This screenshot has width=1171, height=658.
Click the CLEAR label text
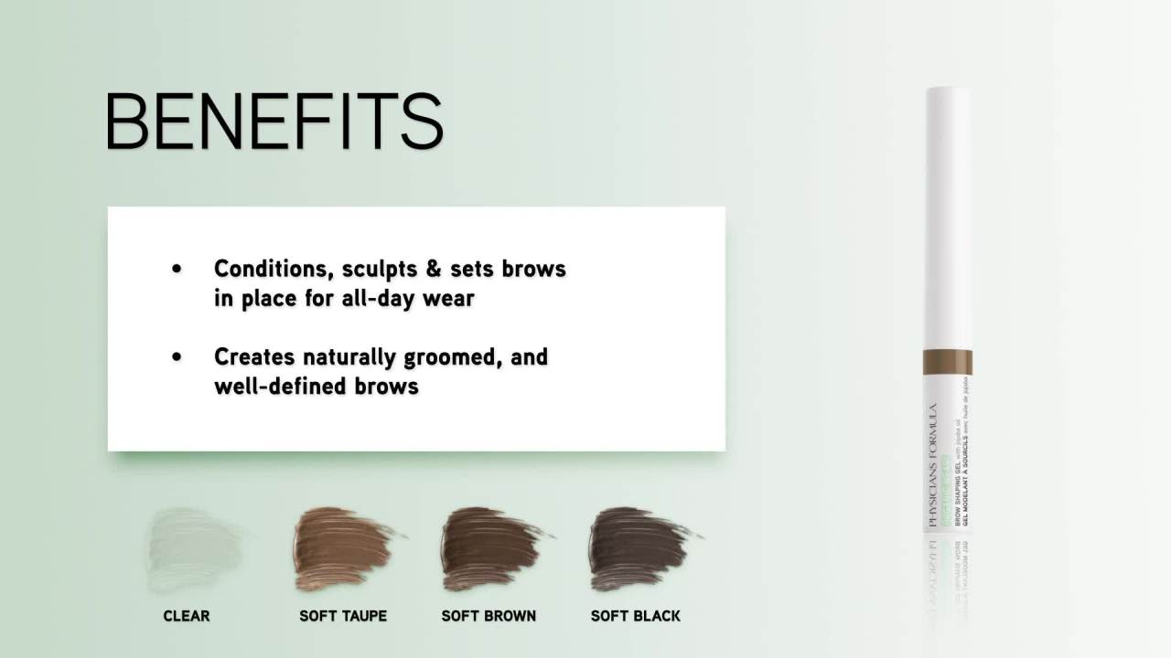point(187,616)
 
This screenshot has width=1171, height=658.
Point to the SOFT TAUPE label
point(343,616)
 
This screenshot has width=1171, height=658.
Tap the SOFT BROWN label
point(489,616)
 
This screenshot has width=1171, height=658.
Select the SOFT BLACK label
point(636,616)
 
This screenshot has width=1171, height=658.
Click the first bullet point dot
point(177,269)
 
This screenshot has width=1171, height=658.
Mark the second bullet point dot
point(177,356)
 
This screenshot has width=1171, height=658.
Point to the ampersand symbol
point(433,270)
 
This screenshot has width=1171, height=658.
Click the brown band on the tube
point(948,362)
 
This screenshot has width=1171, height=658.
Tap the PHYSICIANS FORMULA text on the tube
point(932,466)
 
